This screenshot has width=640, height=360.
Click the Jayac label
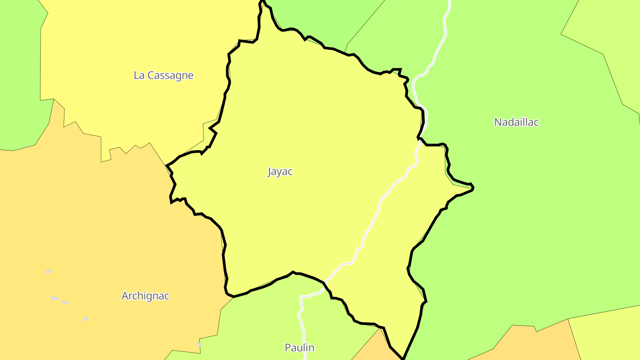pyautogui.click(x=280, y=172)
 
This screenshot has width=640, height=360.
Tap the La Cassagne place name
pyautogui.click(x=164, y=75)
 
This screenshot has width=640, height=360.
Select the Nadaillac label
pyautogui.click(x=516, y=122)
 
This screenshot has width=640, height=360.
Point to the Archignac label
pyautogui.click(x=145, y=296)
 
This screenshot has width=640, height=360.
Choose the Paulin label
pyautogui.click(x=299, y=348)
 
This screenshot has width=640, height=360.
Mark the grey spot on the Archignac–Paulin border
pyautogui.click(x=199, y=344)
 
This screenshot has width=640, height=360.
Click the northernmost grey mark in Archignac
pyautogui.click(x=48, y=272)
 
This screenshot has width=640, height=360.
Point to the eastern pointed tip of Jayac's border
pyautogui.click(x=473, y=188)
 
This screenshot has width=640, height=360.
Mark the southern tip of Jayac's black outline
pyautogui.click(x=403, y=358)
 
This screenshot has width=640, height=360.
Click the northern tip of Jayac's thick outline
pyautogui.click(x=261, y=2)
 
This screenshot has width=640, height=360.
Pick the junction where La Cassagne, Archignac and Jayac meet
pyautogui.click(x=167, y=166)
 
